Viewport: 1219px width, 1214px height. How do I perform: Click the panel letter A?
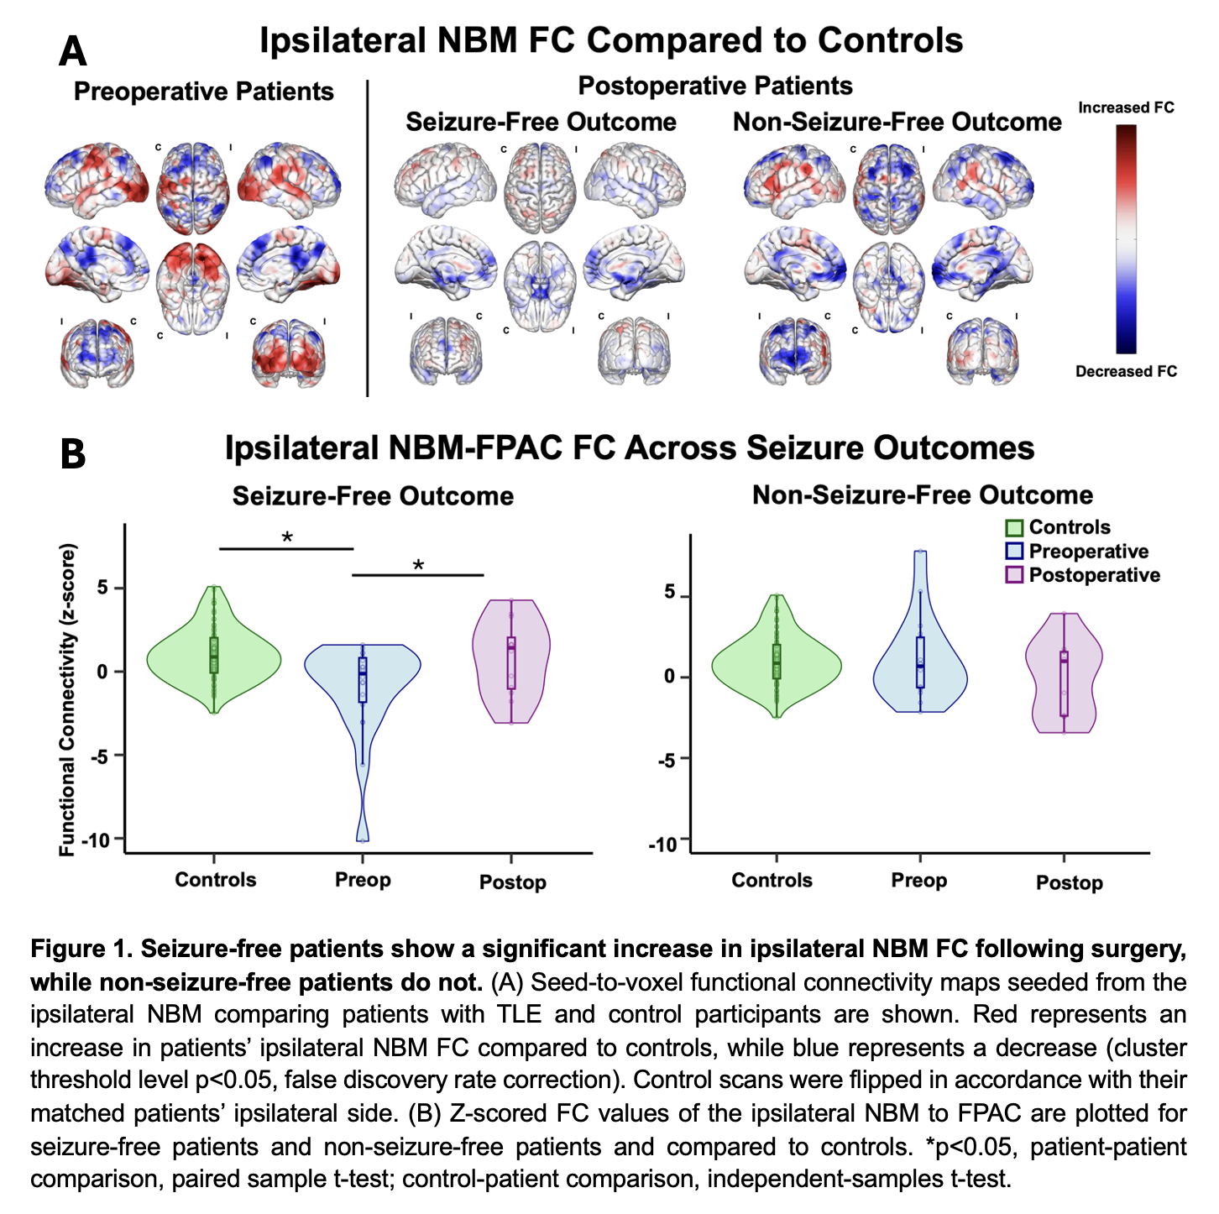point(73,51)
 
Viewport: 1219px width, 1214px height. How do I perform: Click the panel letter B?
point(73,454)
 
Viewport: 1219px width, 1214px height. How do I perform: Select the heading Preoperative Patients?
point(203,92)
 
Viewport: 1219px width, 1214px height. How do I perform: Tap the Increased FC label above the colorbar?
point(1125,107)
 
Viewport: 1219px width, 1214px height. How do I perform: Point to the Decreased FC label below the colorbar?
point(1126,371)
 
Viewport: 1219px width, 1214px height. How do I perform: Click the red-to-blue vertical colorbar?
point(1126,239)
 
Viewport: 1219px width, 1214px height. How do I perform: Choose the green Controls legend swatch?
point(1014,528)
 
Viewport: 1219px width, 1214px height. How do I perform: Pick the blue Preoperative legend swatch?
point(1014,552)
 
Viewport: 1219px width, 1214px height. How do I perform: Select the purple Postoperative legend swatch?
point(1014,575)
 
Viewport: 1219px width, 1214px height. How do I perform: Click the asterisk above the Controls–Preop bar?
point(287,537)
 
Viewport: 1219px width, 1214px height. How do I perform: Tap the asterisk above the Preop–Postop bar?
point(418,565)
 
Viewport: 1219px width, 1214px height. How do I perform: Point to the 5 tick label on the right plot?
point(670,594)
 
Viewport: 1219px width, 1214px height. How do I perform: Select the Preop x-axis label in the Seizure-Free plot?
point(363,880)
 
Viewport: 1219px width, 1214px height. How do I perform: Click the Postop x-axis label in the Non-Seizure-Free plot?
point(1069,882)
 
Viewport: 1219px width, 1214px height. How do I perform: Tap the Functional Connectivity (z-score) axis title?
point(68,699)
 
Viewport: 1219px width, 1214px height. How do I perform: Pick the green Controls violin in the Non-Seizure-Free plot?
point(776,659)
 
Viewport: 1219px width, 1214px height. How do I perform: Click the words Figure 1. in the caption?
point(81,950)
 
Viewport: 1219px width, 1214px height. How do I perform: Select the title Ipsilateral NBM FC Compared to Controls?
point(610,40)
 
